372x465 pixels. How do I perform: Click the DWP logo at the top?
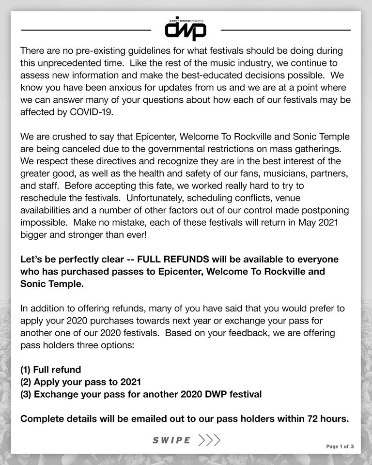tap(186, 31)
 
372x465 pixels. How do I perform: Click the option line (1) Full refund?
tap(51, 370)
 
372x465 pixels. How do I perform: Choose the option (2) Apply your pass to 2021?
tap(81, 382)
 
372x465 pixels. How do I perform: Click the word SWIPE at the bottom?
tap(171, 440)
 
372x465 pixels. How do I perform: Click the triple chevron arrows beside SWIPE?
tap(209, 440)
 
